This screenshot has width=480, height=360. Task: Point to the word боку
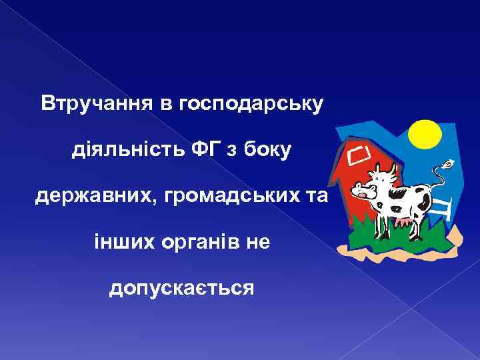click(266, 151)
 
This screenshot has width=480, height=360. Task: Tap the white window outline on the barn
click(359, 155)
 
